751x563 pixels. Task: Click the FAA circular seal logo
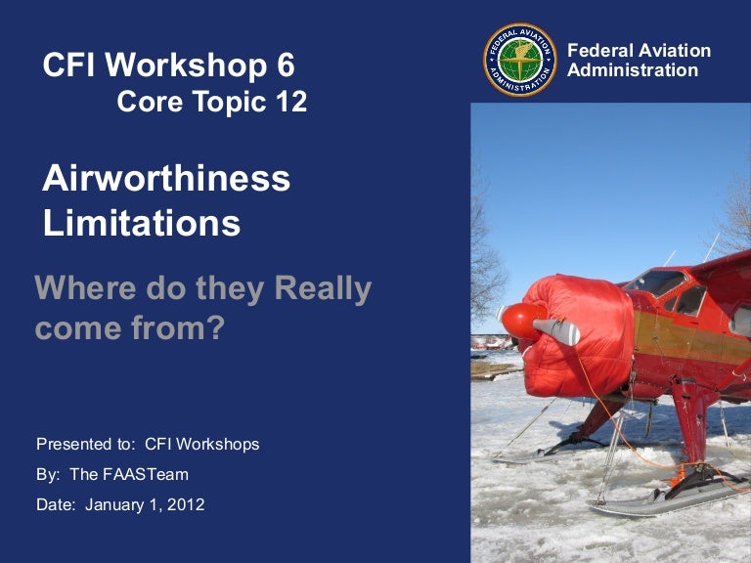coord(519,60)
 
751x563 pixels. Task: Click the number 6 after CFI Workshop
coord(284,65)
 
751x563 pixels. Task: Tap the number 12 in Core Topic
coord(290,101)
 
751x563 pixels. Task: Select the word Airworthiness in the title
coord(166,179)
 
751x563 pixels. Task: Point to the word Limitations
coord(141,223)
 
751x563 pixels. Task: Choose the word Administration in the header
coord(633,70)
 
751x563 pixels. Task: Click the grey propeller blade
coord(557,331)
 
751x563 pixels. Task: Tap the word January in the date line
coord(115,505)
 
